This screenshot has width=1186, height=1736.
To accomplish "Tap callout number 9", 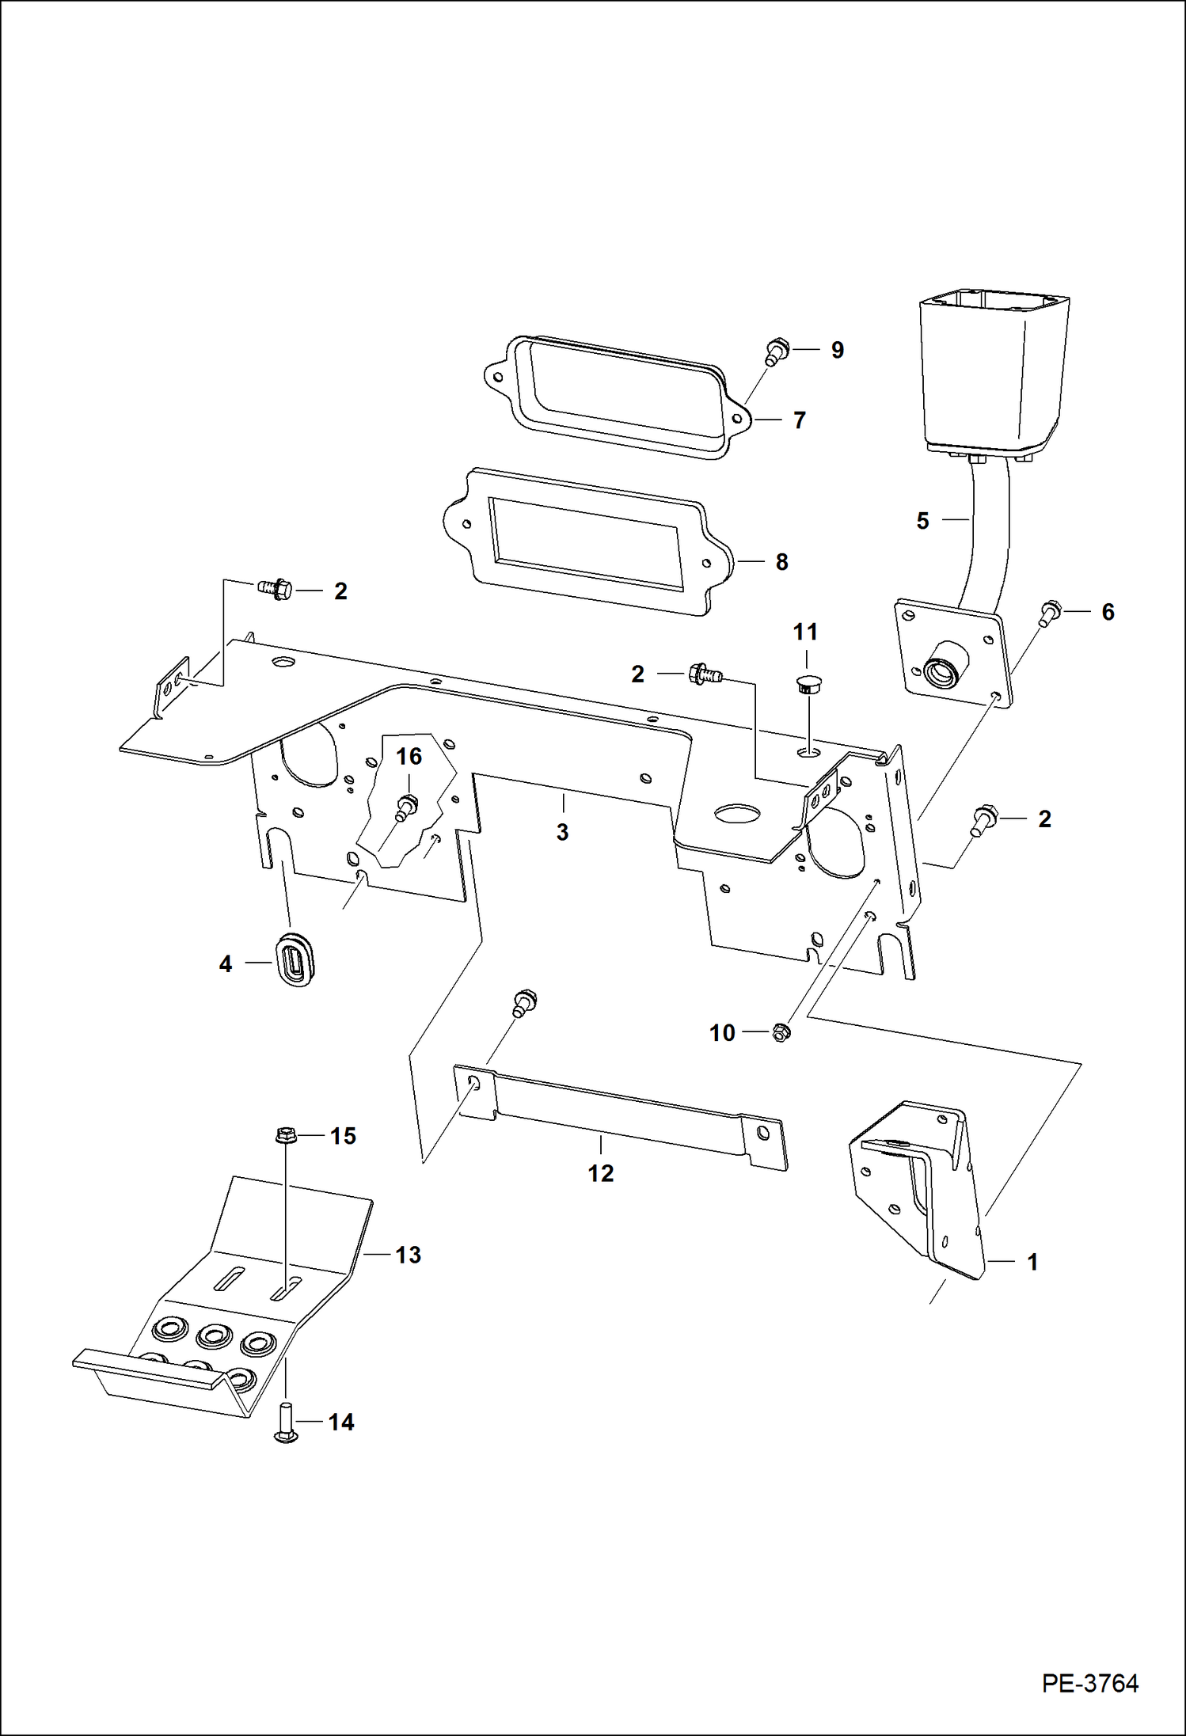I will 837,350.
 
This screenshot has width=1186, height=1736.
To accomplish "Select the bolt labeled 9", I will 776,351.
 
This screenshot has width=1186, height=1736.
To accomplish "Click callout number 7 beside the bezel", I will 800,420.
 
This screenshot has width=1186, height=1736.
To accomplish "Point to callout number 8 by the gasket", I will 781,562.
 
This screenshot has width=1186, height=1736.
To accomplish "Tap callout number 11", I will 805,632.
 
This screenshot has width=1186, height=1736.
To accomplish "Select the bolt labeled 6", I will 1050,613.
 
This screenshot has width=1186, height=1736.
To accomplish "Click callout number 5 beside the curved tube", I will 922,521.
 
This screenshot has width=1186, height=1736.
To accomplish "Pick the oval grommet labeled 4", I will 295,960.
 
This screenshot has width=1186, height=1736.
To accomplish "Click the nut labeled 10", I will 781,1032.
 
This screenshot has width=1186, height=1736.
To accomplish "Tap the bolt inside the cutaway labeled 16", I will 406,807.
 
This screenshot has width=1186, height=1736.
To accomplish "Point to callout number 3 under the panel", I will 562,832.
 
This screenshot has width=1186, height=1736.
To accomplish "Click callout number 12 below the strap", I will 600,1173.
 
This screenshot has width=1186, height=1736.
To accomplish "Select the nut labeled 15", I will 283,1136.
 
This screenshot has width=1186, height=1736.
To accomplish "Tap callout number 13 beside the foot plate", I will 408,1255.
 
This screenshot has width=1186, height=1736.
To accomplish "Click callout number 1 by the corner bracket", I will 1032,1262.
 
